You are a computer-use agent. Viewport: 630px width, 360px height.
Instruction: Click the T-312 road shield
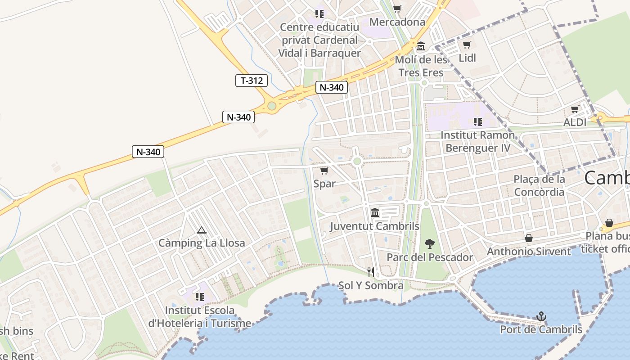252,81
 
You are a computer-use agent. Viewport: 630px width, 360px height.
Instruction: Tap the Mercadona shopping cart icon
397,9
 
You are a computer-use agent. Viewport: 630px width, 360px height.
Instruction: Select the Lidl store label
467,58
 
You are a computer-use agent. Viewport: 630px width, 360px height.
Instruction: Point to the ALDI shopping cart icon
575,109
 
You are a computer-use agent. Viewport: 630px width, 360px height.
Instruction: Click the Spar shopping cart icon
324,171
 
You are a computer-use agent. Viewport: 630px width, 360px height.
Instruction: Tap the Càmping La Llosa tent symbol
202,230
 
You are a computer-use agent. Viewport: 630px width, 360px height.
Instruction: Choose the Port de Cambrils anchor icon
541,317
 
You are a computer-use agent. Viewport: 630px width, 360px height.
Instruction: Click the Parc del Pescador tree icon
429,244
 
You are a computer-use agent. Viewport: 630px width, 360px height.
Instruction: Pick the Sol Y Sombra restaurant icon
371,272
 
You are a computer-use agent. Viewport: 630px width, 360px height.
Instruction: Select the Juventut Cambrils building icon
375,212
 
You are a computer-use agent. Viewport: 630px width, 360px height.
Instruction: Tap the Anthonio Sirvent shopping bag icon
529,238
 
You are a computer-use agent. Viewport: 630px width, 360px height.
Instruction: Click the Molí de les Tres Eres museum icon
421,46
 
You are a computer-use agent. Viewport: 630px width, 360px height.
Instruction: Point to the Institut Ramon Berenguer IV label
477,141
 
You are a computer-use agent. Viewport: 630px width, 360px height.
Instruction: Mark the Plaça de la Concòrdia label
539,185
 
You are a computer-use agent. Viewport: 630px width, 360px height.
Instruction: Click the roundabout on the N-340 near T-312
272,106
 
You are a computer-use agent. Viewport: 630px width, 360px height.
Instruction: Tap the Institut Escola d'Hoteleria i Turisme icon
200,297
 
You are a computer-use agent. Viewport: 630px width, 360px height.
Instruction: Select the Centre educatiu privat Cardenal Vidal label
319,40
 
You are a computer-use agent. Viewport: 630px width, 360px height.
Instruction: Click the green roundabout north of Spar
357,161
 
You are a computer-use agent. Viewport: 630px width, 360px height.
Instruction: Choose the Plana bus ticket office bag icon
609,223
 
